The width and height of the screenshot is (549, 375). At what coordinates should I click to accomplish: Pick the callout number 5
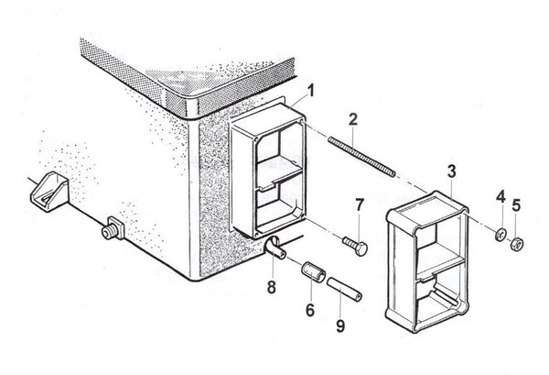(x=517, y=204)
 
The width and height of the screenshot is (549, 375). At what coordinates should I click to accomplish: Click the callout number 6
(x=309, y=311)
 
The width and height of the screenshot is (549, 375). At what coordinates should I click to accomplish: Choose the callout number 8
(x=271, y=288)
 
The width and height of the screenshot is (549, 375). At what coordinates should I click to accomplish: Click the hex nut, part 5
(x=516, y=243)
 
